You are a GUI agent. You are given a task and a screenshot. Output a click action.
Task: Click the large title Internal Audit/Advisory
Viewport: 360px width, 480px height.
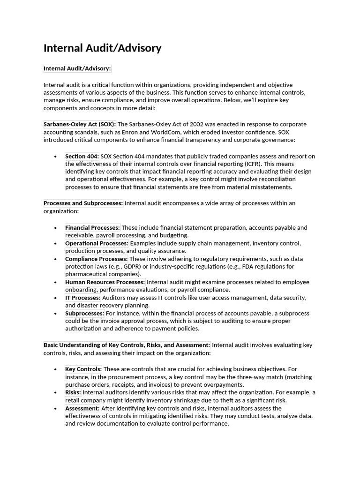coord(102,48)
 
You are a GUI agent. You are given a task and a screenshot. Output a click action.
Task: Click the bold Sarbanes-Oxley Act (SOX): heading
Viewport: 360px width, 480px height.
coord(80,124)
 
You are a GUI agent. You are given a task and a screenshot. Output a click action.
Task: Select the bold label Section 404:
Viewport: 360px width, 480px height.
coord(82,156)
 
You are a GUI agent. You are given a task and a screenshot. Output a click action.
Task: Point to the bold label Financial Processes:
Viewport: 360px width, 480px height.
coord(92,227)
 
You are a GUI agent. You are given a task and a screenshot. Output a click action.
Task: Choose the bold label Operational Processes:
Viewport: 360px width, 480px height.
coord(97,243)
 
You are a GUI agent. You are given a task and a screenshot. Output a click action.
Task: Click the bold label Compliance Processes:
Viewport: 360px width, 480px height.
coord(96,259)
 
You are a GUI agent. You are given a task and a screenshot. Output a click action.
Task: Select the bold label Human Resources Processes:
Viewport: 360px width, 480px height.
coord(105,282)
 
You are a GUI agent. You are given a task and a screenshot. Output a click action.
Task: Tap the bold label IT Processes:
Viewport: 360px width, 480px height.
coord(82,298)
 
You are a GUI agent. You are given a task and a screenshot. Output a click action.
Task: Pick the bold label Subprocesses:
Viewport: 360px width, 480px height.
coord(84,313)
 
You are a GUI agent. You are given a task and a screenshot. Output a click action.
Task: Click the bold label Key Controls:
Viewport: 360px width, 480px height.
coord(83,369)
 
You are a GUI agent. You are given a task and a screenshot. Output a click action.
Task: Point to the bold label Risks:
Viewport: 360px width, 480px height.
coord(73,392)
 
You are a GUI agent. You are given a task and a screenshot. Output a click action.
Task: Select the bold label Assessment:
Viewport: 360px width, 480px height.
coord(82,408)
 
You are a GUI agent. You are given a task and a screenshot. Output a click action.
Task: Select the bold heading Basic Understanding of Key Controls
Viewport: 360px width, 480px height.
coord(127,345)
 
